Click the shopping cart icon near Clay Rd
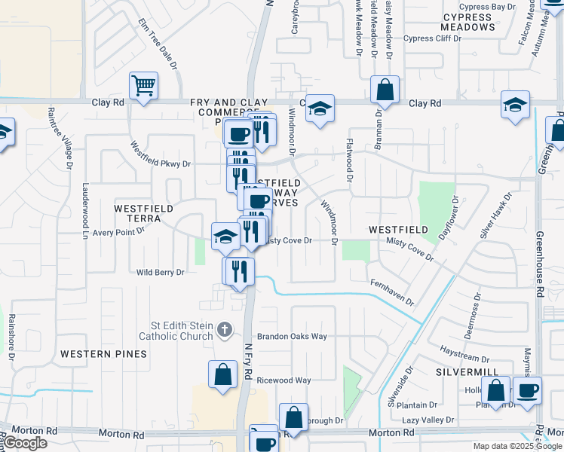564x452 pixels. click(143, 85)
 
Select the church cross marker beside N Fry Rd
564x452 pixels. click(224, 329)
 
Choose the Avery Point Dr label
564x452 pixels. click(118, 232)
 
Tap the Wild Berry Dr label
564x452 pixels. click(160, 272)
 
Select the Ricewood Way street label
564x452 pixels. click(284, 380)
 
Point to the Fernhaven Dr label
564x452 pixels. click(392, 292)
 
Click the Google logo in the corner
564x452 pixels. click(25, 443)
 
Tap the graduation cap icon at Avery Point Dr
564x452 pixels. click(225, 237)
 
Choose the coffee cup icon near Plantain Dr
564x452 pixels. click(526, 390)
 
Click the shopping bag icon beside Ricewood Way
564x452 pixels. click(223, 374)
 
